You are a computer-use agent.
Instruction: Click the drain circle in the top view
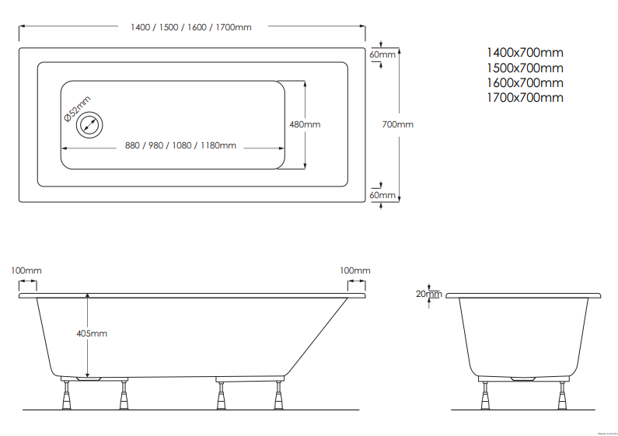pos(91,125)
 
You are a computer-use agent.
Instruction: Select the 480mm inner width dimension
pos(305,124)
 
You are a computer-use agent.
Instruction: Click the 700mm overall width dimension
pos(399,124)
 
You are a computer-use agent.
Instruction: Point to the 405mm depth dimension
pos(92,333)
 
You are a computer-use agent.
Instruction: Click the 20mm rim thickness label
pos(428,294)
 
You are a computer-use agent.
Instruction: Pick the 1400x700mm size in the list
pos(525,53)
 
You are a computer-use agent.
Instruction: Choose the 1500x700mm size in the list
pos(525,68)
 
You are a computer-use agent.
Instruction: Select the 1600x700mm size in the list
pos(525,82)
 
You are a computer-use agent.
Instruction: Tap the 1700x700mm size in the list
pos(525,97)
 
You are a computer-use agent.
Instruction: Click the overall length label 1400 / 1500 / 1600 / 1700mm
pos(191,27)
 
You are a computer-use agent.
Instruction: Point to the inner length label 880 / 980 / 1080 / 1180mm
pos(181,145)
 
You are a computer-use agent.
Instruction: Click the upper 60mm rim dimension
pos(382,54)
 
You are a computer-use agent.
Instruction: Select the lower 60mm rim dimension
pos(382,195)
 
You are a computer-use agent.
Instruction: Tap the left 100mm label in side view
pos(26,270)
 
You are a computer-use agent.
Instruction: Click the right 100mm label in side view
pos(355,270)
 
